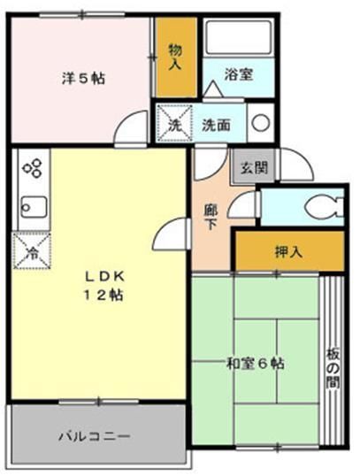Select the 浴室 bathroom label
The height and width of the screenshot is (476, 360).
point(238,74)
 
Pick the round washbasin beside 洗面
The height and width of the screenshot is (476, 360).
point(260,123)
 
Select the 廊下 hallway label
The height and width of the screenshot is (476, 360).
point(211,217)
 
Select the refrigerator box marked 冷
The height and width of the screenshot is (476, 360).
point(30,250)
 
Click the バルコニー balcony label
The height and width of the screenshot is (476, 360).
point(96,436)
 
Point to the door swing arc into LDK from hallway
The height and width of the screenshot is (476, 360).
point(169,237)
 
